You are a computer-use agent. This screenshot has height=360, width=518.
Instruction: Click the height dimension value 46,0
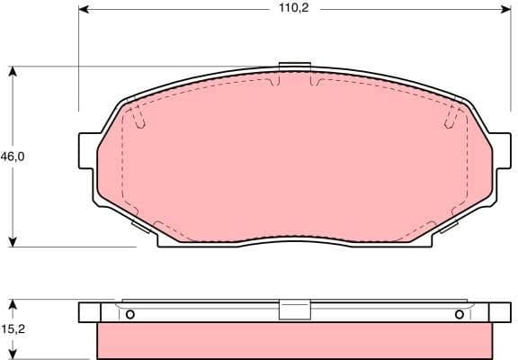[12, 157]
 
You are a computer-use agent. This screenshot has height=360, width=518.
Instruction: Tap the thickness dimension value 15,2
[12, 330]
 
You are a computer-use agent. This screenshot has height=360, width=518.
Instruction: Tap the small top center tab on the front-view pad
[294, 66]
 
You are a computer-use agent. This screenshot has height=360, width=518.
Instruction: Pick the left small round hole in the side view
[129, 314]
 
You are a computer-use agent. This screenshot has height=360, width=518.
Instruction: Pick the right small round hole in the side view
[460, 314]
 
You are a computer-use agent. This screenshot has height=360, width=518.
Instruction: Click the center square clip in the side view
[294, 310]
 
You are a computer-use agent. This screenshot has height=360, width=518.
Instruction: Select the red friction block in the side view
[294, 340]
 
